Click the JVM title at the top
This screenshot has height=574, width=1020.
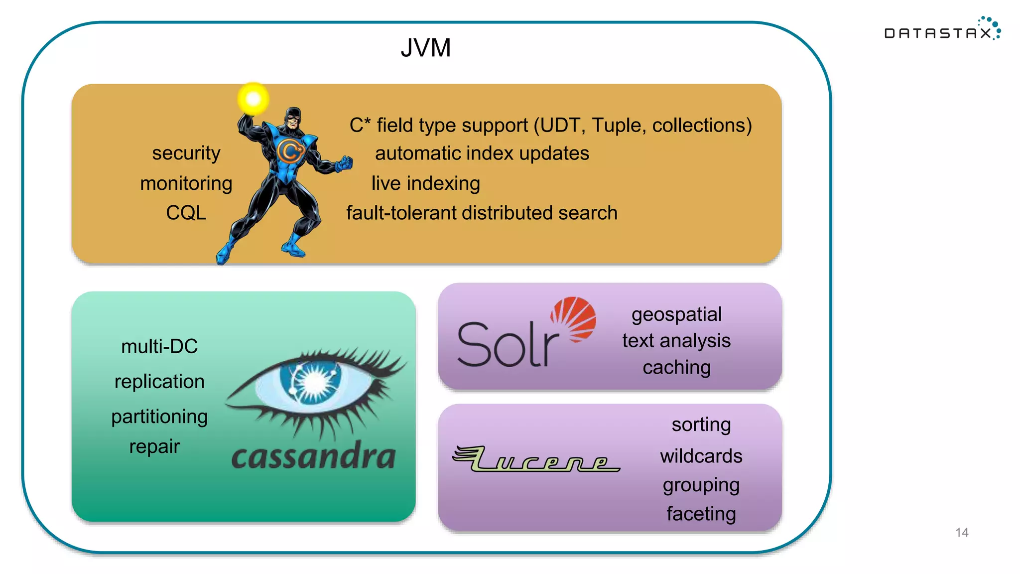tap(426, 48)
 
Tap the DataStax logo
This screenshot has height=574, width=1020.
tap(941, 31)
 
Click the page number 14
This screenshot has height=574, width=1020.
tap(962, 533)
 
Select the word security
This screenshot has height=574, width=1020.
tap(186, 153)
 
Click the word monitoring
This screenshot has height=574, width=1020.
tap(186, 183)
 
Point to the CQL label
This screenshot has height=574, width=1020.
tap(186, 213)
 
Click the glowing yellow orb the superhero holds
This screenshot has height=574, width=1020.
tap(254, 98)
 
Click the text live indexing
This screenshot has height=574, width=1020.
tap(425, 183)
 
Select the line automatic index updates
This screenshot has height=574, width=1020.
tap(482, 153)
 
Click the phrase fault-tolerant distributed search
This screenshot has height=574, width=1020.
tap(482, 213)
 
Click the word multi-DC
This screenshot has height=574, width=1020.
tap(159, 346)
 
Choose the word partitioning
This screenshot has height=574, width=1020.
tap(159, 417)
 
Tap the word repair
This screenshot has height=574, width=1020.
tap(154, 446)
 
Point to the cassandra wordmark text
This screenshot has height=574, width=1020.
tap(314, 456)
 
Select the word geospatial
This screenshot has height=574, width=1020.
tap(676, 314)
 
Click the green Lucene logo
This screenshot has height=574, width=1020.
tap(535, 459)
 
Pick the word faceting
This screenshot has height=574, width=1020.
tap(701, 514)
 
